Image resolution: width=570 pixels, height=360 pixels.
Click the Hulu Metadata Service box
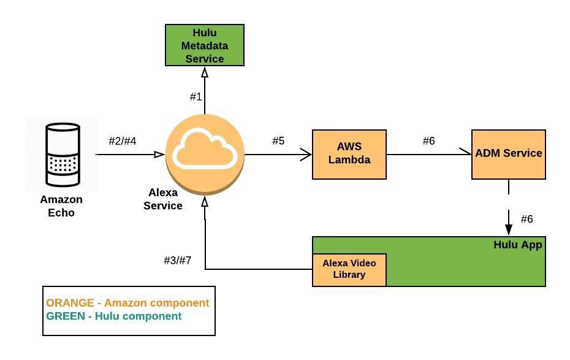click(205, 45)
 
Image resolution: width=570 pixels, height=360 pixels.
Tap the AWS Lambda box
click(349, 155)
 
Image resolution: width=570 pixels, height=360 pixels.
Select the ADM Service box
click(508, 154)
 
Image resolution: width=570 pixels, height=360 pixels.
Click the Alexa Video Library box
click(349, 269)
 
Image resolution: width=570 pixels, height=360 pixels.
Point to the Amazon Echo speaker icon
click(64, 155)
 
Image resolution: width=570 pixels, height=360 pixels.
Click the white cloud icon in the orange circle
click(205, 150)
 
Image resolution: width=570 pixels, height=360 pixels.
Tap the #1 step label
click(196, 96)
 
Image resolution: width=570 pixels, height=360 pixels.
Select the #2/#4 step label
click(123, 141)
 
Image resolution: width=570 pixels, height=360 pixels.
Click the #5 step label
click(278, 141)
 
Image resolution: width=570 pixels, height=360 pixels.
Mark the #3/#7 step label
click(178, 261)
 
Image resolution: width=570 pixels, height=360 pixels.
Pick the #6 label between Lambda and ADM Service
click(428, 141)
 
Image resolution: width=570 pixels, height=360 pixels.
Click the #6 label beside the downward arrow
click(526, 219)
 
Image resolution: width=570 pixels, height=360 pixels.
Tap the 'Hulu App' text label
click(518, 245)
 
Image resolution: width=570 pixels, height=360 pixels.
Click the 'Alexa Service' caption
click(163, 199)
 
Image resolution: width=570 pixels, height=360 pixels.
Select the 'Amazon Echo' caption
click(61, 206)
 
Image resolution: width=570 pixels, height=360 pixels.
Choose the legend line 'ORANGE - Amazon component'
click(127, 303)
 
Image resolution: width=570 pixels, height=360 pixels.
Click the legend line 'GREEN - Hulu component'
click(114, 316)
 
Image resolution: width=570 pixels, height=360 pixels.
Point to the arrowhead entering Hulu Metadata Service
click(205, 72)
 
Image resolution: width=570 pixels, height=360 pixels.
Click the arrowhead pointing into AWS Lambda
click(306, 155)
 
